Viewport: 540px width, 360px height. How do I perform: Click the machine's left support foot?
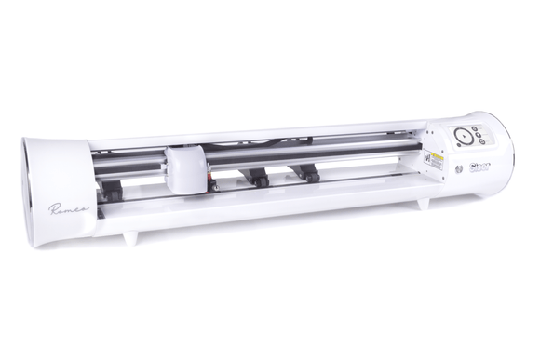129,238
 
